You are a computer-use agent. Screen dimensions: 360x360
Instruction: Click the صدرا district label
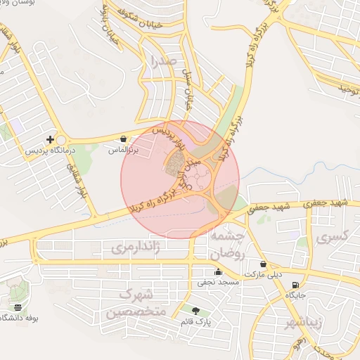(x=162, y=63)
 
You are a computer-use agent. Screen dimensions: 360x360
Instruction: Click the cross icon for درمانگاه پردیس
(x=49, y=139)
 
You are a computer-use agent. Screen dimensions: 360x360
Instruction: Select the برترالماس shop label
(x=124, y=150)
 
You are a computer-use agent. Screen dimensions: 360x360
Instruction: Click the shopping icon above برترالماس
(x=124, y=139)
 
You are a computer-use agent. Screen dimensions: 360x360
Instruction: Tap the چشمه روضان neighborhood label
(x=228, y=244)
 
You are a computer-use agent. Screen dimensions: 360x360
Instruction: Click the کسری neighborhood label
(x=332, y=238)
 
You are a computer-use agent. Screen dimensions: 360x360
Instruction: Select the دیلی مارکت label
(x=263, y=274)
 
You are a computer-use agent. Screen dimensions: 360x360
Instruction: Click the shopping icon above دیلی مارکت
(x=263, y=264)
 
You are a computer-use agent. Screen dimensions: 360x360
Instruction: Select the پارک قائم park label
(x=195, y=321)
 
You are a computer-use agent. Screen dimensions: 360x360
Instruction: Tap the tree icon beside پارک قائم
(x=195, y=310)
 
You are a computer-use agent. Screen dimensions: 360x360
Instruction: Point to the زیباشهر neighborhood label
(x=303, y=324)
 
